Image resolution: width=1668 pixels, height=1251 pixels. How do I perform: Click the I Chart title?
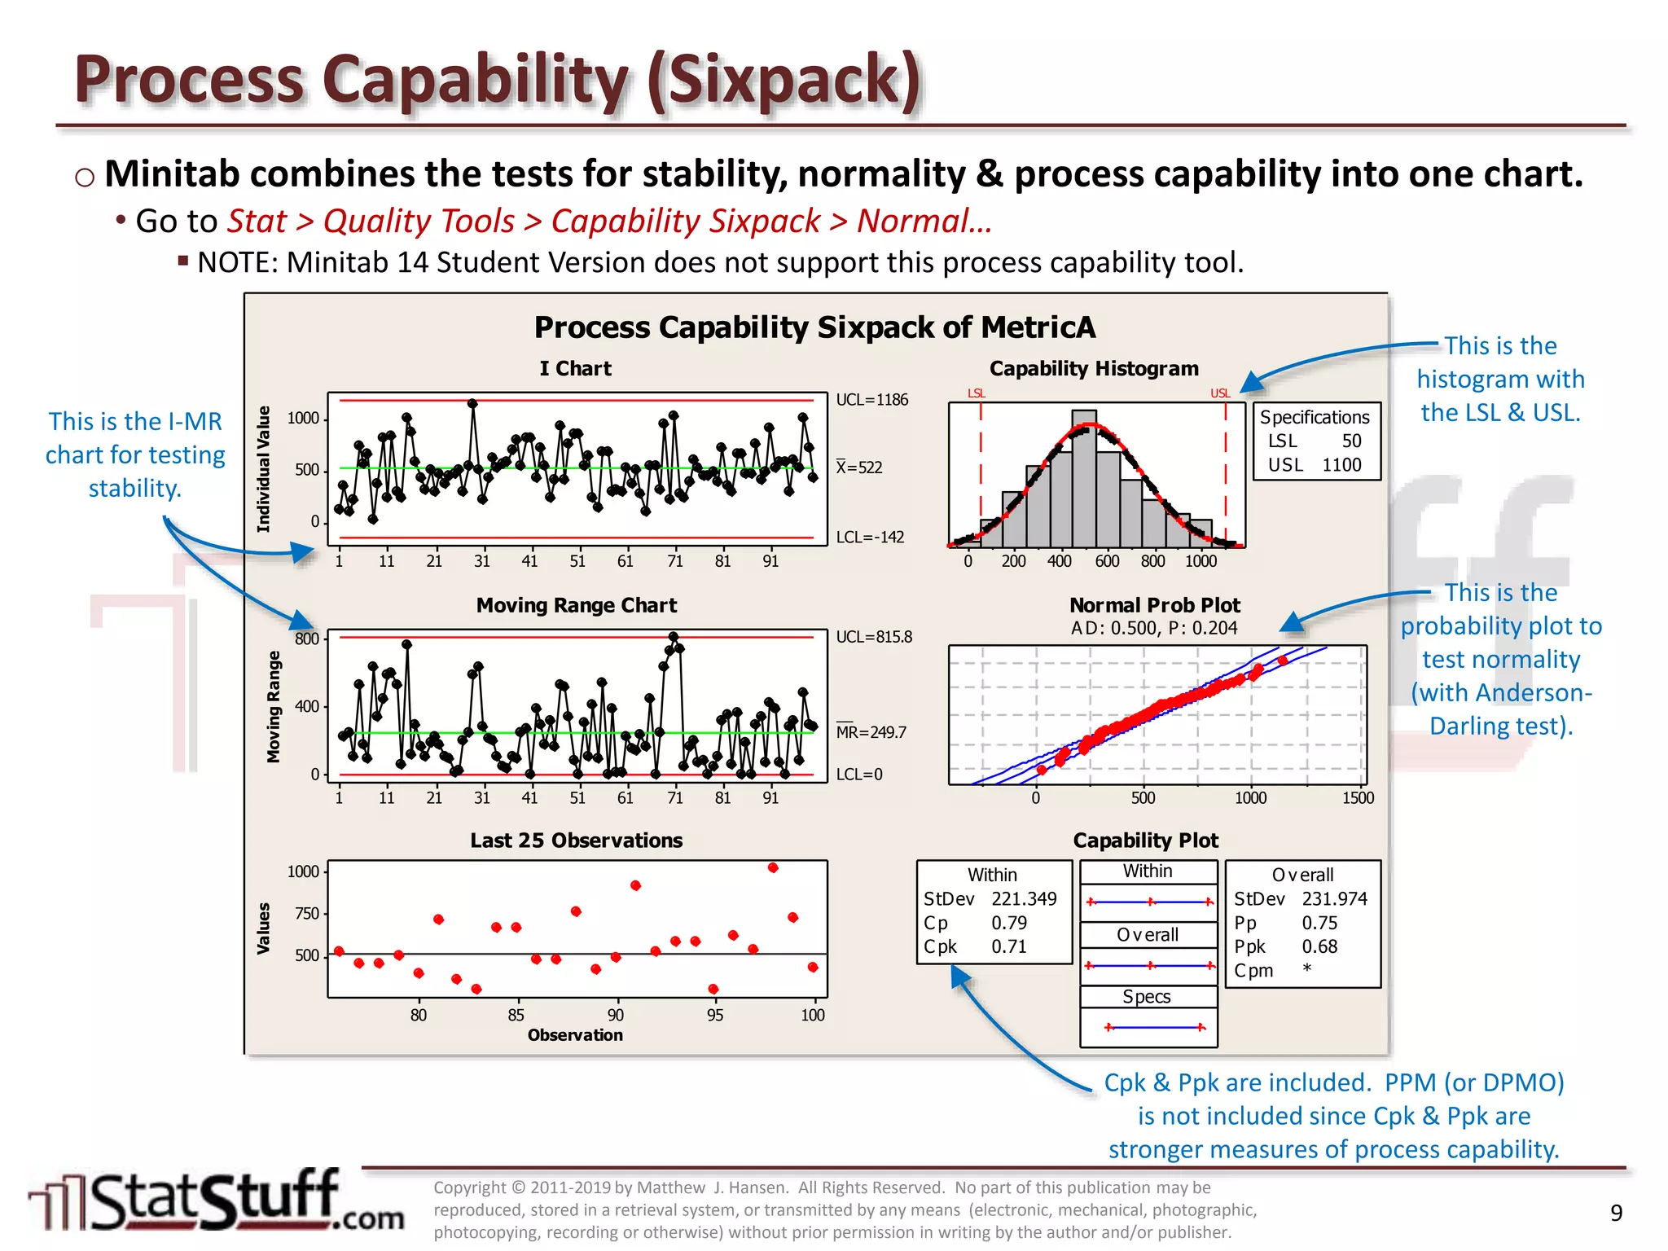pyautogui.click(x=575, y=369)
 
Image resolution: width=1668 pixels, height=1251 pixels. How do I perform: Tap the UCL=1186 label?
pyautogui.click(x=871, y=400)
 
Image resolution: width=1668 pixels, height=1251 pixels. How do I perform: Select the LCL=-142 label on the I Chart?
pyautogui.click(x=870, y=538)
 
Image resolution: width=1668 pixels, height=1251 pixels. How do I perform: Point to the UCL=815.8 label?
pyautogui.click(x=874, y=637)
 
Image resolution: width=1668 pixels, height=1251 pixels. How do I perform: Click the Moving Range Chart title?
pyautogui.click(x=576, y=605)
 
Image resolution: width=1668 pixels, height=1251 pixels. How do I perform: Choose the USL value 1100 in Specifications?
pyautogui.click(x=1341, y=465)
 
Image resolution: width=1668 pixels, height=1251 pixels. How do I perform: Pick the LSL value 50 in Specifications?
pyautogui.click(x=1351, y=441)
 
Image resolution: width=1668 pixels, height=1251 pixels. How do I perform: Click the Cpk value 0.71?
pyautogui.click(x=1009, y=946)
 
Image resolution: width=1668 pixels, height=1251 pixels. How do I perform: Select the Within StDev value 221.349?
pyautogui.click(x=1024, y=898)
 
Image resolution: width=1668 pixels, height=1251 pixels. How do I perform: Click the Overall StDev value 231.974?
pyautogui.click(x=1334, y=898)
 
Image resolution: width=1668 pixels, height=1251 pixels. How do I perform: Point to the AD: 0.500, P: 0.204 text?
pyautogui.click(x=1153, y=628)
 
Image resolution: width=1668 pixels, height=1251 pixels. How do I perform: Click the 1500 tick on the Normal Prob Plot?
pyautogui.click(x=1358, y=798)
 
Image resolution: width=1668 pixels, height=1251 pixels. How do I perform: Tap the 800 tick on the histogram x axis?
pyautogui.click(x=1152, y=561)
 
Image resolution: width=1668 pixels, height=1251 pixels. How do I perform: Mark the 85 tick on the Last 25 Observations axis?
pyautogui.click(x=516, y=1015)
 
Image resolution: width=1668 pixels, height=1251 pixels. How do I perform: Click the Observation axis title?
pyautogui.click(x=575, y=1035)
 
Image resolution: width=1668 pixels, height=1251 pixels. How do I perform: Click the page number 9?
pyautogui.click(x=1617, y=1213)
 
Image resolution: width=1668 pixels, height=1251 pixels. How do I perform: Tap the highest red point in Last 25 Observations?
pyautogui.click(x=773, y=867)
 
